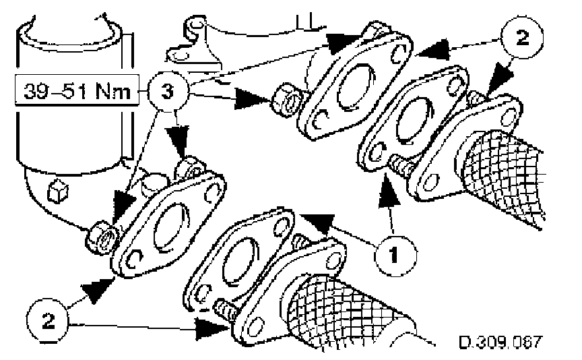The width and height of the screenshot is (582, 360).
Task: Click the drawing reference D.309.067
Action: click(x=499, y=341)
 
